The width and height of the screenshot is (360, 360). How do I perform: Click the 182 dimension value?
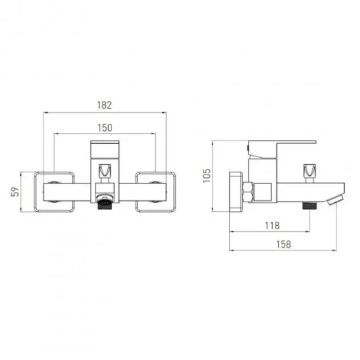[105, 105]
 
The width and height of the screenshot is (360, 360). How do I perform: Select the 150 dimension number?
[105, 127]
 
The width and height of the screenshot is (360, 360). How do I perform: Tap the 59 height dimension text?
[15, 192]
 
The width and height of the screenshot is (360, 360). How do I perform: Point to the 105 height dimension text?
[206, 175]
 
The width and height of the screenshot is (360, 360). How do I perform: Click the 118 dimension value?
[272, 226]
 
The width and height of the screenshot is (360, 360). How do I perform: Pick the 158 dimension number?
[284, 244]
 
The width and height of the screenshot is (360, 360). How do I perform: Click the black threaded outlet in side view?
[309, 206]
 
